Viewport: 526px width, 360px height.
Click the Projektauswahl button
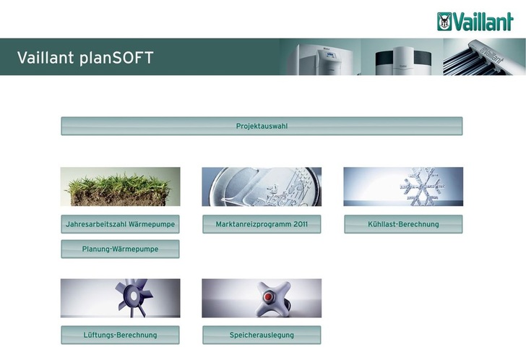[x=262, y=127]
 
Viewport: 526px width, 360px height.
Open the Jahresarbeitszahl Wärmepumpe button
[x=120, y=224]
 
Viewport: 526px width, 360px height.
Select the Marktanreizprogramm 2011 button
[x=262, y=224]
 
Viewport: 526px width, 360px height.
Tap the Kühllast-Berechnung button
[x=402, y=224]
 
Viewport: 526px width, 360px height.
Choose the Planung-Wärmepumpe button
[x=120, y=249]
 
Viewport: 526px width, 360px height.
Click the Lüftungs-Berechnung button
[x=120, y=335]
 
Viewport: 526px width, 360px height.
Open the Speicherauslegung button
[x=262, y=335]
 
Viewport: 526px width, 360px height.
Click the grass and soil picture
[x=120, y=187]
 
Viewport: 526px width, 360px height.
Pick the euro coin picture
[x=262, y=187]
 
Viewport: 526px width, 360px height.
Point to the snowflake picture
[x=402, y=187]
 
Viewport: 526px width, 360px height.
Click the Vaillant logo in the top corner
[x=475, y=22]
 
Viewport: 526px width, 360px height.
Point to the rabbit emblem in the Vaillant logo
[x=445, y=22]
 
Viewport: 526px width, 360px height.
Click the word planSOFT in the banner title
[x=117, y=58]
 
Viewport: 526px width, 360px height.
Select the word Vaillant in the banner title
[x=46, y=58]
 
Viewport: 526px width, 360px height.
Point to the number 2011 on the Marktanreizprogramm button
[x=301, y=224]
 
